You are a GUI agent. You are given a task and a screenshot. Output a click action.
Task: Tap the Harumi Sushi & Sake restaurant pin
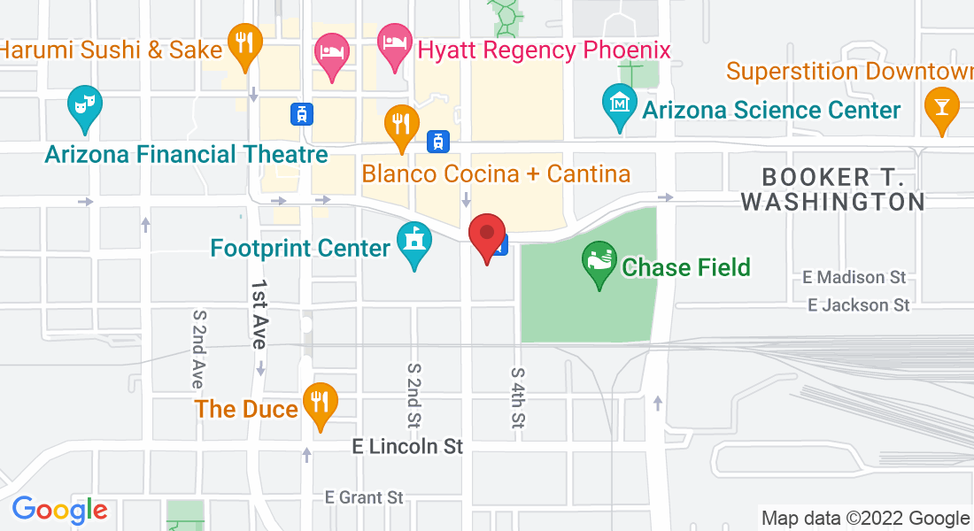click(243, 44)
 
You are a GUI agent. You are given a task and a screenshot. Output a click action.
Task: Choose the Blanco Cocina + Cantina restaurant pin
click(401, 124)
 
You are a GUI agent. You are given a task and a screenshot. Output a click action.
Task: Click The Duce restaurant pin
click(319, 404)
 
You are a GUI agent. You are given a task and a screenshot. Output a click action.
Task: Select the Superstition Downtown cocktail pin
click(941, 107)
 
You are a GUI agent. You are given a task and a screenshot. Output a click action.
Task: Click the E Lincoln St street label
click(407, 447)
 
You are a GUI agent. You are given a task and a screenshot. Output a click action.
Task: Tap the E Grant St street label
click(364, 497)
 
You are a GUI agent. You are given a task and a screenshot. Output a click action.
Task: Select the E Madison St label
click(854, 278)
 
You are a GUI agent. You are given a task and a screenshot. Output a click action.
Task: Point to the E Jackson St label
click(859, 305)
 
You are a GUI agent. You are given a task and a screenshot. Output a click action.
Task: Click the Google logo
click(59, 510)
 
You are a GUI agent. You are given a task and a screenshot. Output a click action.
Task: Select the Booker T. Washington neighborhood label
click(832, 189)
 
